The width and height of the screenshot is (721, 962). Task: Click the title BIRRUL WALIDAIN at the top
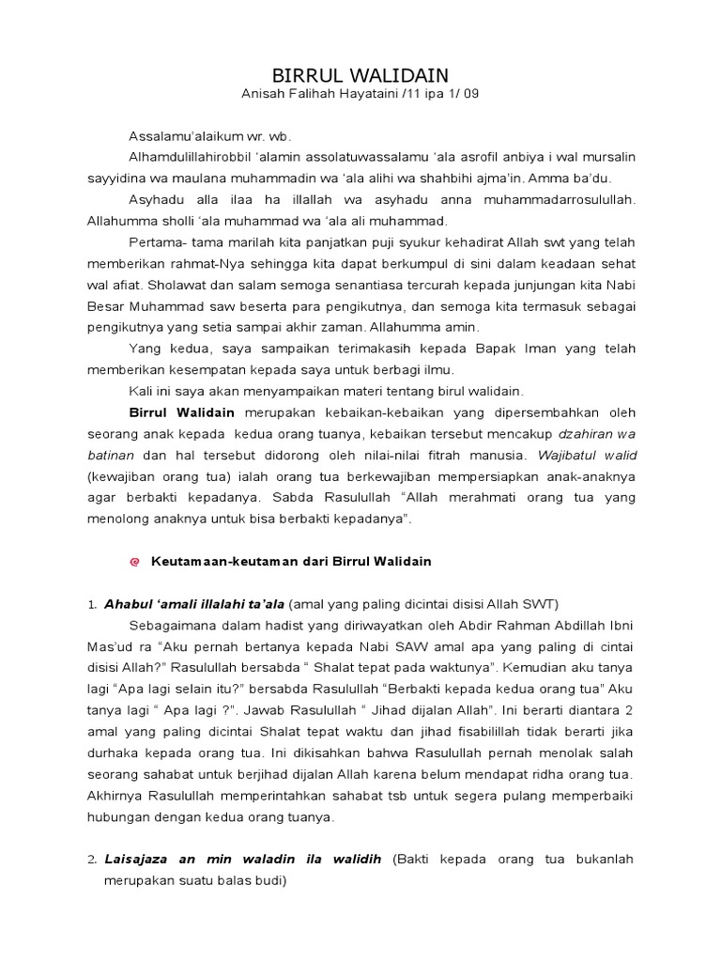[x=360, y=75]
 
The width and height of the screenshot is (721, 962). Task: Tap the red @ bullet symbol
[x=133, y=562]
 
